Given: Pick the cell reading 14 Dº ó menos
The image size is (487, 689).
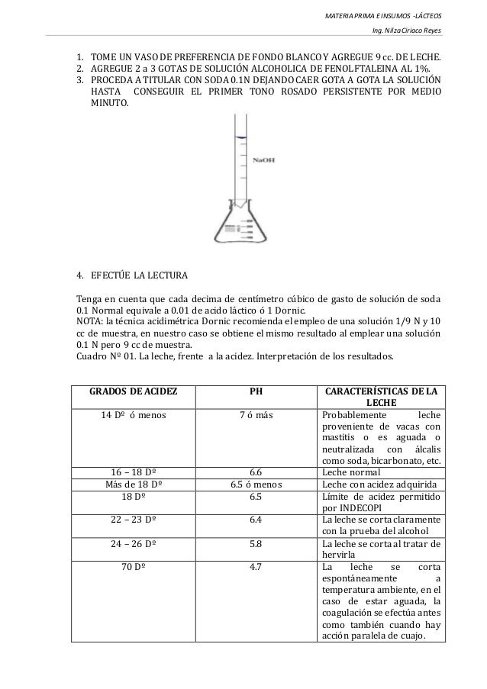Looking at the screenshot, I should (x=134, y=414).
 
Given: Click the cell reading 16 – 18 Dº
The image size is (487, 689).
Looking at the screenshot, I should (x=134, y=472).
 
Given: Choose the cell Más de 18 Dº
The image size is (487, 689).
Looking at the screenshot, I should (x=134, y=483).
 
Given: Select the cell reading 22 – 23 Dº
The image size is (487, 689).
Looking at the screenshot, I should (x=134, y=517).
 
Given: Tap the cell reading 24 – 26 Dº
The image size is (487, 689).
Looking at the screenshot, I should (x=134, y=543).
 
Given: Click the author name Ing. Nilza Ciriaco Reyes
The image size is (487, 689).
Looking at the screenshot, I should (x=405, y=31).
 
